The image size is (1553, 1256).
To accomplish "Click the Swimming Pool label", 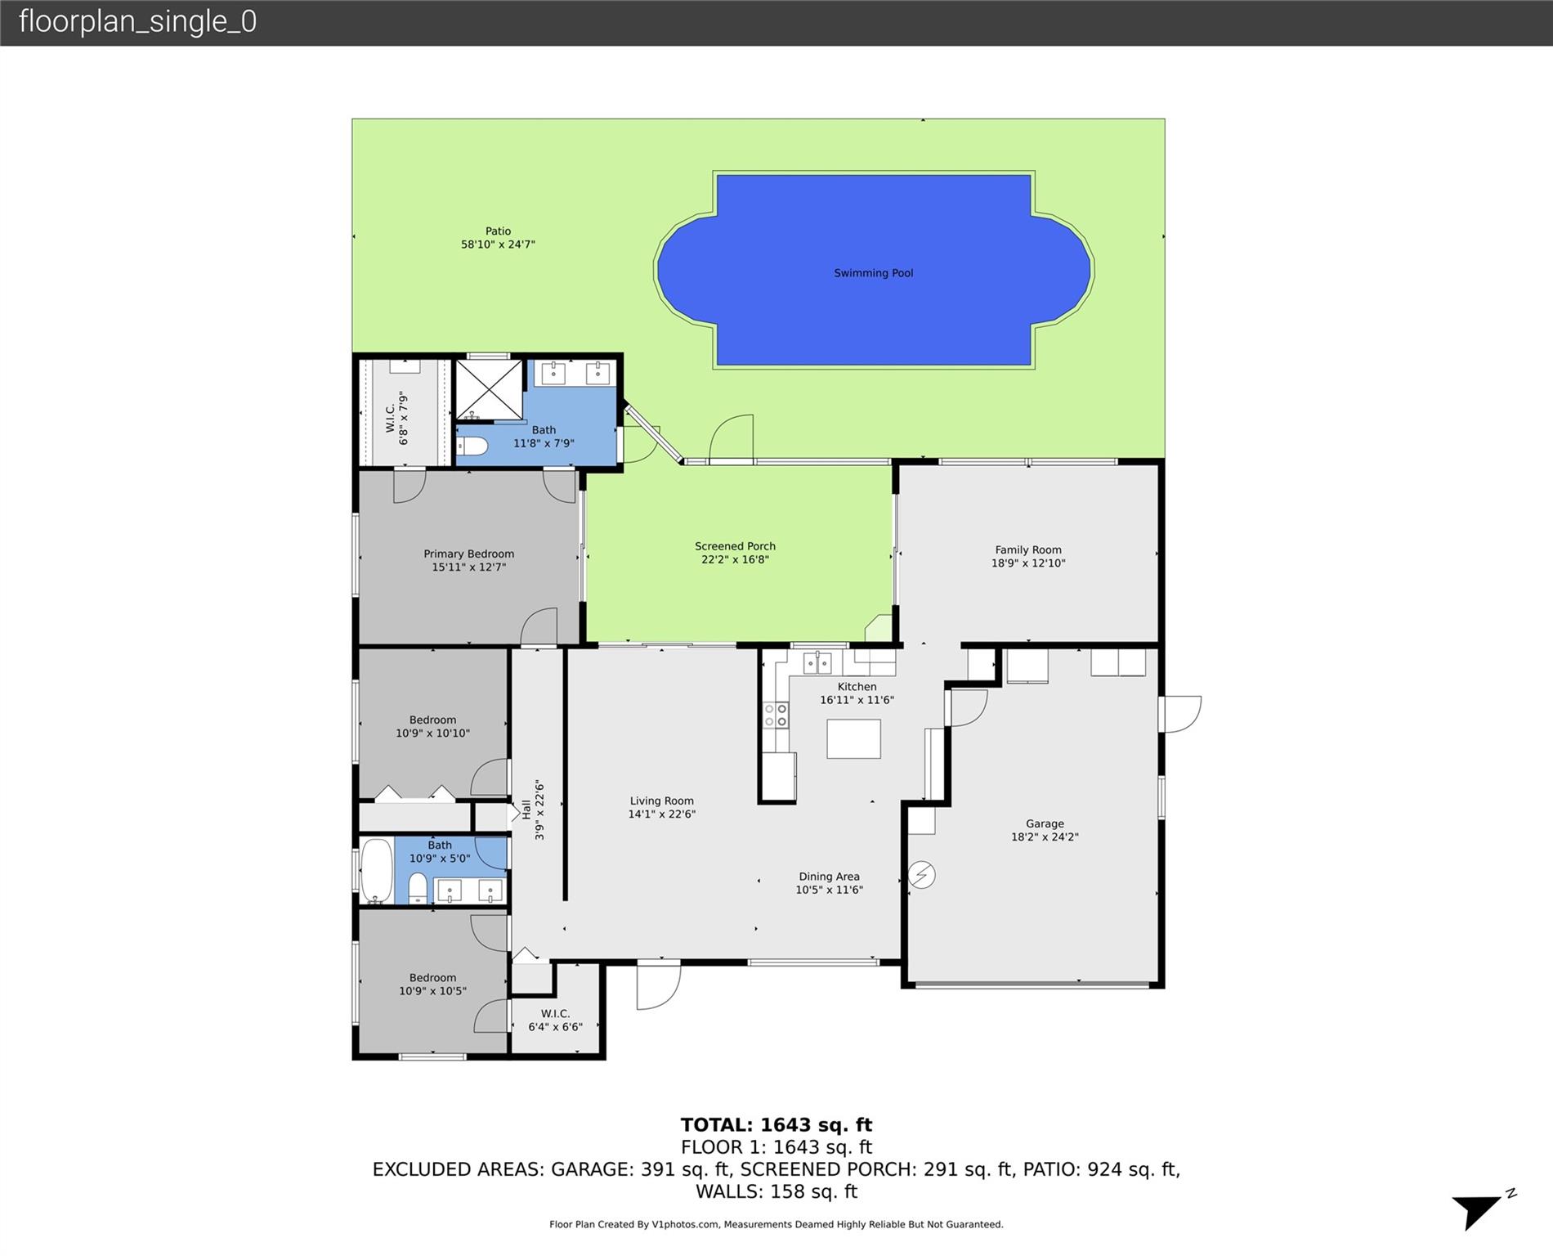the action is click(x=873, y=273).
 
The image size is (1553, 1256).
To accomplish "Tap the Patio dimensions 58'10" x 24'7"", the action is click(x=498, y=244).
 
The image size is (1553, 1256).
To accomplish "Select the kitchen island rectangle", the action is click(x=853, y=739).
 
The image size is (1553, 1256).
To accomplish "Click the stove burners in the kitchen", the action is click(x=776, y=715).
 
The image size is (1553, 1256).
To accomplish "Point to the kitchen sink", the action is click(x=817, y=662).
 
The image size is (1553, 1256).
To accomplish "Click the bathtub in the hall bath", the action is click(x=376, y=870).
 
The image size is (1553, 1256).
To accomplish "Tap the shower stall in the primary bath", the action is click(x=489, y=390).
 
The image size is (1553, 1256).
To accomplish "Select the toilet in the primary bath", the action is click(x=472, y=446).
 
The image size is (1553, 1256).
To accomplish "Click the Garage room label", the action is click(x=1045, y=824).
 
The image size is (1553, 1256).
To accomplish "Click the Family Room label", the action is click(x=1028, y=550).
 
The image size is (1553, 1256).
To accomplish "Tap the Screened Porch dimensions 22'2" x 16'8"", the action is click(x=735, y=560).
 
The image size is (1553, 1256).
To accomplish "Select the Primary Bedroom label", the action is click(x=468, y=554).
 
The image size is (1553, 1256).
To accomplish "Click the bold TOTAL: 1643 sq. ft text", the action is click(x=776, y=1125).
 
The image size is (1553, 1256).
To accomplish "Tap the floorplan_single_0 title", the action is click(x=137, y=21).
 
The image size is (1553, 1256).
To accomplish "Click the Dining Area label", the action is click(x=829, y=877).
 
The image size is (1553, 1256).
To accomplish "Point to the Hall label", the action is click(x=526, y=810).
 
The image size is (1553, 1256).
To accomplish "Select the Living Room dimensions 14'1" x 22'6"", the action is click(x=661, y=814).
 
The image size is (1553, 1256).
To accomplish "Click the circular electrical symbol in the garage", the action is click(x=922, y=875).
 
